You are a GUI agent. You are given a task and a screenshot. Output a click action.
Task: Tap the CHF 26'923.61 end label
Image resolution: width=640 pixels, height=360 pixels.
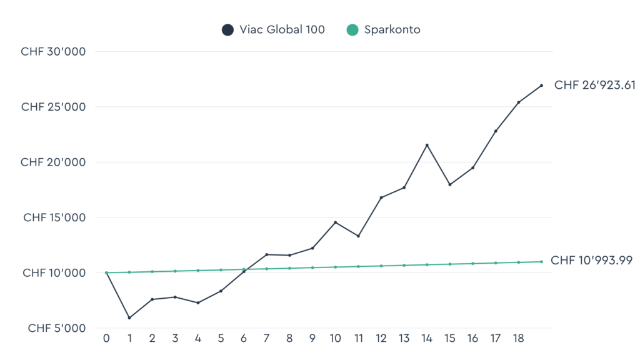[x=594, y=85]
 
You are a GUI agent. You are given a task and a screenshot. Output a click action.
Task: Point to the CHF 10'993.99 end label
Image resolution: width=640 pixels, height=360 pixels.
[x=591, y=261]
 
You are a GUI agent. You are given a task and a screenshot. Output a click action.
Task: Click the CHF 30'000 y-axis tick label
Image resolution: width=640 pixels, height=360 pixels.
[x=53, y=51]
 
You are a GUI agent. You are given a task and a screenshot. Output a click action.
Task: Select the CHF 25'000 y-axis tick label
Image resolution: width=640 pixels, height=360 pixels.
[x=53, y=107]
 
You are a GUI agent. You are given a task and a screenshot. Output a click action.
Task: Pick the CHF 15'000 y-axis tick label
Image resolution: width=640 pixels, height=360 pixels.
[x=54, y=217]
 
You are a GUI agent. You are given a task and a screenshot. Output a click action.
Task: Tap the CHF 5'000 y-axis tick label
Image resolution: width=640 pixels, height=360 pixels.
[x=56, y=328]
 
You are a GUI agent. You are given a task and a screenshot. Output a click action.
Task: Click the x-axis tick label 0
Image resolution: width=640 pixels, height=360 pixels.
[x=106, y=338]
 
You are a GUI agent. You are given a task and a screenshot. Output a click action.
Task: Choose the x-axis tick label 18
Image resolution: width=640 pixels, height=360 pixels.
[x=518, y=338]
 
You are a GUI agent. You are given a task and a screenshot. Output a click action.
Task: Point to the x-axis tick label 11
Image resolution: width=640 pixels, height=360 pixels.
[x=358, y=338]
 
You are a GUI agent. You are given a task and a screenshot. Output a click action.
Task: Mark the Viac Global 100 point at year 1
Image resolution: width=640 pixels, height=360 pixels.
[x=129, y=317]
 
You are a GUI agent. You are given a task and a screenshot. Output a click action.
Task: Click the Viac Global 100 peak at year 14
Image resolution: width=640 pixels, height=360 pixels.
[x=427, y=145]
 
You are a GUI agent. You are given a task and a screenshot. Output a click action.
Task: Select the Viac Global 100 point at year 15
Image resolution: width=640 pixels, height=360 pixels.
[x=449, y=184]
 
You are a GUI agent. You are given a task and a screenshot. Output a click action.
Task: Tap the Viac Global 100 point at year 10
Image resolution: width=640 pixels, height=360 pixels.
[x=336, y=222]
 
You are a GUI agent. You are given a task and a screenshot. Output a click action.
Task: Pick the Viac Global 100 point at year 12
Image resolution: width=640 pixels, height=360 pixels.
[x=381, y=197]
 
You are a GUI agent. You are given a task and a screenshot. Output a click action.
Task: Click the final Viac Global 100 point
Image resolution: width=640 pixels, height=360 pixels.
[x=541, y=85]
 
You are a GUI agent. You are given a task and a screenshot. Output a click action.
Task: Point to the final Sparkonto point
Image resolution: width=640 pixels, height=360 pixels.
[x=541, y=261]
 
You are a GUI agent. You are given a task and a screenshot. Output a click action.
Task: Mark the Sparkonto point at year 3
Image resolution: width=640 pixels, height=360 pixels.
[x=175, y=271]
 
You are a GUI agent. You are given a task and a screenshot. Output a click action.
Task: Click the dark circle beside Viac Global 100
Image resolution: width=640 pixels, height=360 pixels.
[x=227, y=29]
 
